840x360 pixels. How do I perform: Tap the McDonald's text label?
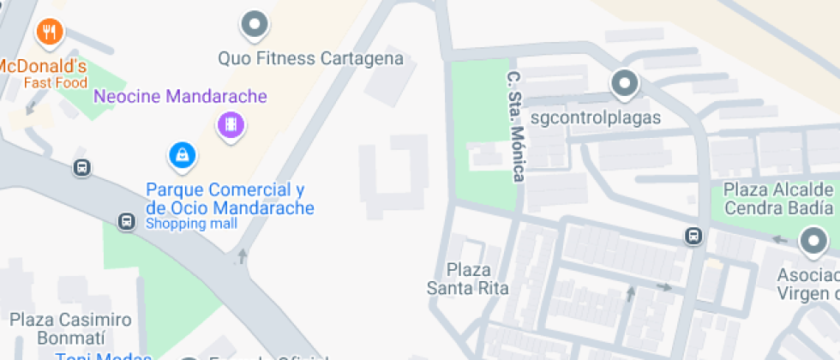(42, 67)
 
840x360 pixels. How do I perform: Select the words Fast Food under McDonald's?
(56, 83)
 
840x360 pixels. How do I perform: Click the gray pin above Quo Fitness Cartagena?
(254, 25)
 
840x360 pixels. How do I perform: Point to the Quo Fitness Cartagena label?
(310, 59)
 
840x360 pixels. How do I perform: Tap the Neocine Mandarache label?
(180, 96)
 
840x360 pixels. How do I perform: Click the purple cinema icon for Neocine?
(231, 125)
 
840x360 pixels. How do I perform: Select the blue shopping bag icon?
(182, 155)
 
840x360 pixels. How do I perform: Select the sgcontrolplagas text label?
(596, 117)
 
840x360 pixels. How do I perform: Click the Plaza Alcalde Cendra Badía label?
(778, 198)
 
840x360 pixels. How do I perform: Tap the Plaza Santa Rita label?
(467, 279)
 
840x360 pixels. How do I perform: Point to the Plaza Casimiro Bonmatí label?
(71, 329)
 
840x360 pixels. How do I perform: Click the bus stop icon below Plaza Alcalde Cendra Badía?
(693, 237)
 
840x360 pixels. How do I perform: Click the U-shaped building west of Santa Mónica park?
(395, 176)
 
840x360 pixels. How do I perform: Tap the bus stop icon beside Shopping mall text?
(126, 221)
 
